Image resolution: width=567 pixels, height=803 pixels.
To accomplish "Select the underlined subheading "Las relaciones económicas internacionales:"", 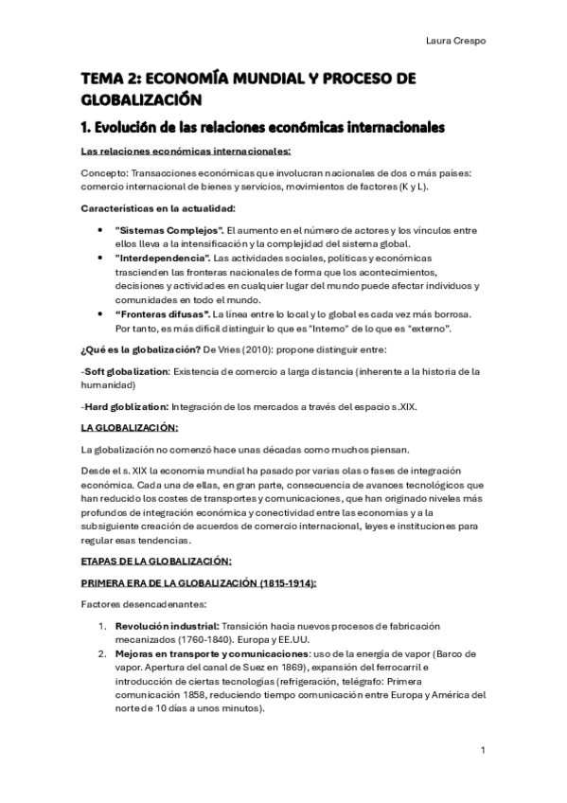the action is [186, 152].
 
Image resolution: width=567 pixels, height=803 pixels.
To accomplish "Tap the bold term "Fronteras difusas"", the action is [162, 312].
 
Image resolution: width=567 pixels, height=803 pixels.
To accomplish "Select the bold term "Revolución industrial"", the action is [166, 627].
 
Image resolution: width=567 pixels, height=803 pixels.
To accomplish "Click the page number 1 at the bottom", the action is [483, 751].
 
